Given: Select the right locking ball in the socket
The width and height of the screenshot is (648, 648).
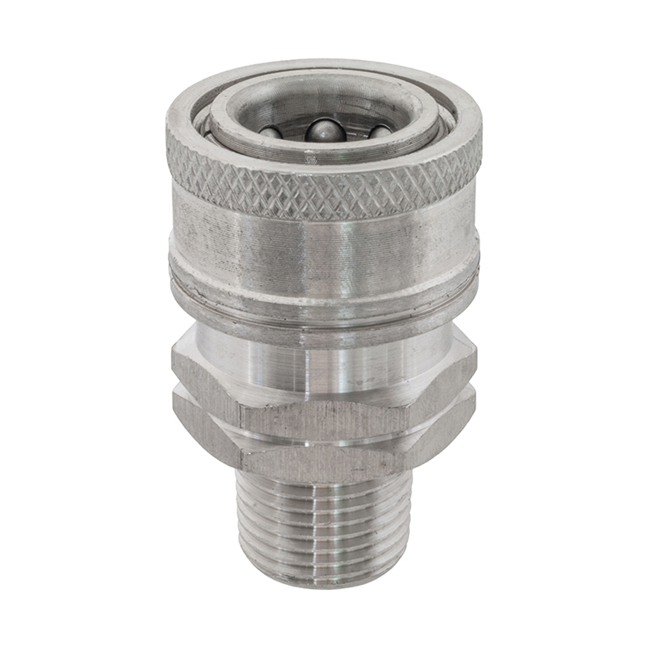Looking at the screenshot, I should pos(381,132).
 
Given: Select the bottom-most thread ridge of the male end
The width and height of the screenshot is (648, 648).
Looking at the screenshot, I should pos(323,573).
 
